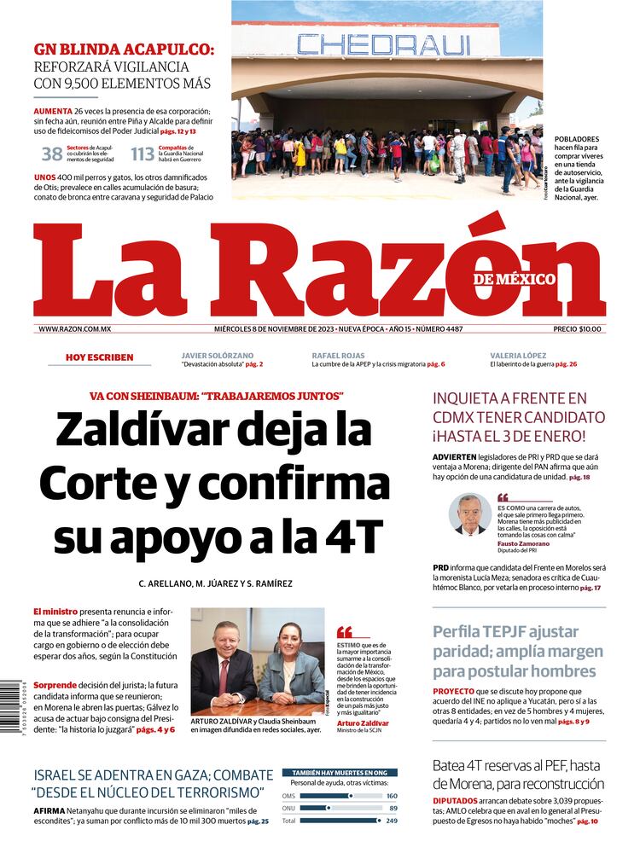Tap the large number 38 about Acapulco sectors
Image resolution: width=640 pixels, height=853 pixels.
pyautogui.click(x=52, y=154)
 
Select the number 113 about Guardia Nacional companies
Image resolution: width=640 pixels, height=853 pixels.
pyautogui.click(x=143, y=154)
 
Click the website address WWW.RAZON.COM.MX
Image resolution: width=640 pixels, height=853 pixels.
pyautogui.click(x=75, y=329)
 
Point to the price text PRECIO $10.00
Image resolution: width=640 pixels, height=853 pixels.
pyautogui.click(x=577, y=329)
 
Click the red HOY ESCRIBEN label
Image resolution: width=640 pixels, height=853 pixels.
pyautogui.click(x=99, y=357)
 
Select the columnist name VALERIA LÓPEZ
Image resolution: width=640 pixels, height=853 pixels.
pyautogui.click(x=519, y=355)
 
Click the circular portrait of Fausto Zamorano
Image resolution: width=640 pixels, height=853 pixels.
pyautogui.click(x=470, y=514)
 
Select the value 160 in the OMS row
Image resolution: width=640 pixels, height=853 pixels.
pyautogui.click(x=392, y=796)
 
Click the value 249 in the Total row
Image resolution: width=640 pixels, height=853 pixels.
pyautogui.click(x=392, y=821)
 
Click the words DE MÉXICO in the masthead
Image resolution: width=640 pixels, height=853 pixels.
pyautogui.click(x=515, y=279)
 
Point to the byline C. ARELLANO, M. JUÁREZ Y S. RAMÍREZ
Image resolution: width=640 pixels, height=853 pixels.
pyautogui.click(x=215, y=583)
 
